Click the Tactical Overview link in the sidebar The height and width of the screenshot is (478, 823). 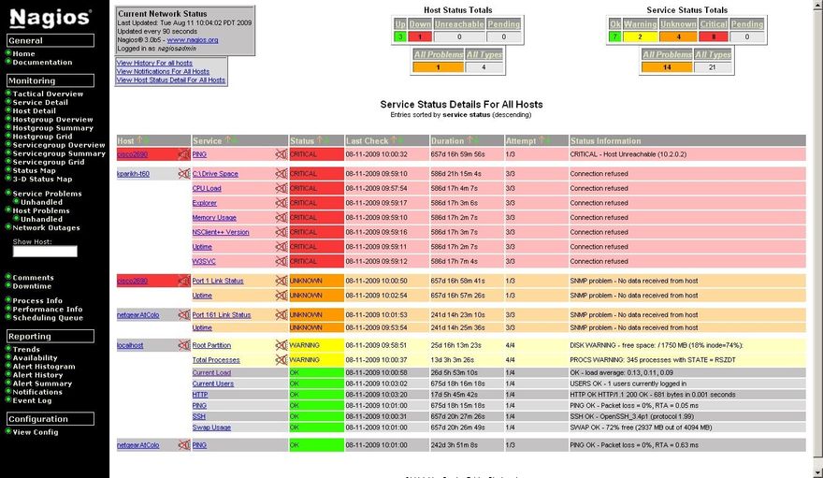[48, 94]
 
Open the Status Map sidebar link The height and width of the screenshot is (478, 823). [34, 170]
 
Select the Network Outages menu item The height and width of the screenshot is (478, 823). [46, 227]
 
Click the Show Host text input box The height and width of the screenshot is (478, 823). [45, 252]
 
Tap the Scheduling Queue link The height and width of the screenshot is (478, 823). [48, 317]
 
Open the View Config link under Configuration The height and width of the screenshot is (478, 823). [36, 432]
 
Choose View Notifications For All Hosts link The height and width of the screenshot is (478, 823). [163, 71]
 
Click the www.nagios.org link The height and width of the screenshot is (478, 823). [193, 40]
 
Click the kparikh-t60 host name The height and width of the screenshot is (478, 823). [133, 174]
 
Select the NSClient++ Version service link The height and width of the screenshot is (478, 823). [221, 232]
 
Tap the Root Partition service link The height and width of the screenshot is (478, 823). [211, 345]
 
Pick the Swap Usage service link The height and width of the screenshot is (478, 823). [211, 427]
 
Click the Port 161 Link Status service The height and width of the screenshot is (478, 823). [222, 315]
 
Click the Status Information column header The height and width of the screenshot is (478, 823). [605, 141]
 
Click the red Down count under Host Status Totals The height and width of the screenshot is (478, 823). [420, 36]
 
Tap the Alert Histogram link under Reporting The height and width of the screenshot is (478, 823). [43, 367]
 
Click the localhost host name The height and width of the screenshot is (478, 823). [130, 345]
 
